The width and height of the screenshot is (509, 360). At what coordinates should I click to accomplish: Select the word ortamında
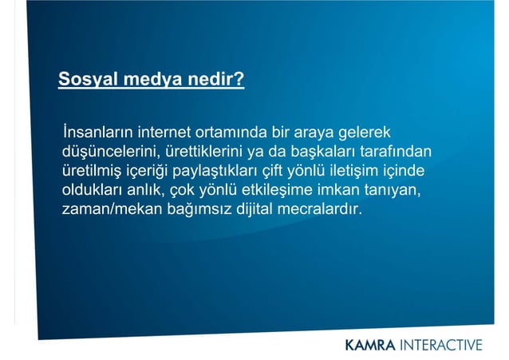[x=235, y=132]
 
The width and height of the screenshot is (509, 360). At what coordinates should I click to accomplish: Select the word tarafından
[x=396, y=152]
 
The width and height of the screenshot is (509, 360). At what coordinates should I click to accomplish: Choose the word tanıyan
[x=393, y=192]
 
